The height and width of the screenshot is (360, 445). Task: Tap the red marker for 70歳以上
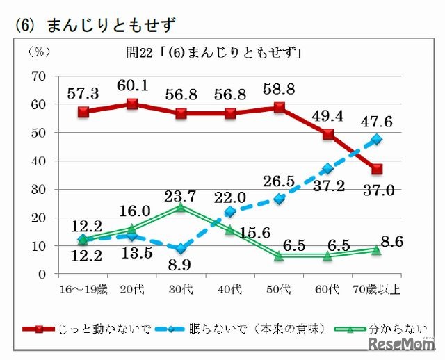(x=377, y=169)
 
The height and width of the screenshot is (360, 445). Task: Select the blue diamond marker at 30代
(x=181, y=249)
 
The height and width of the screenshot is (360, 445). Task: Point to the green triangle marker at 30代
(x=181, y=206)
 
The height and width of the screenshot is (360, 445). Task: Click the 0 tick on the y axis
(x=41, y=275)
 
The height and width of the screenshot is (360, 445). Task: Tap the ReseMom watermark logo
(x=403, y=345)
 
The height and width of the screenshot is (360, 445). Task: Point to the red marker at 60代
(x=327, y=134)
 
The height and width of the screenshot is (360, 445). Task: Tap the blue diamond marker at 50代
(x=279, y=199)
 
